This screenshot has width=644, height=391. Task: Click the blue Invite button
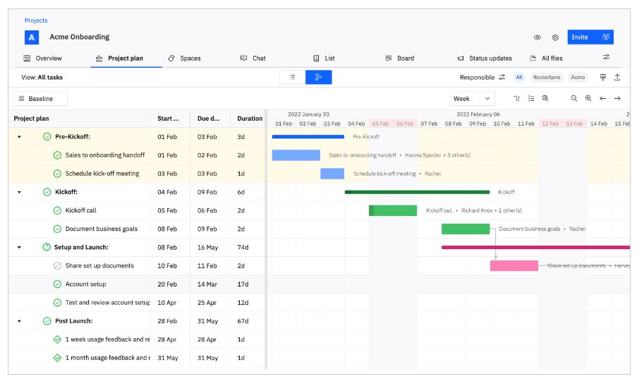[580, 37]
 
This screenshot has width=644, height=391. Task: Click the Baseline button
[41, 99]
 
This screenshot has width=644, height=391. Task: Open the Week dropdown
[472, 99]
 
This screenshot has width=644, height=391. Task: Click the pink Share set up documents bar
[514, 266]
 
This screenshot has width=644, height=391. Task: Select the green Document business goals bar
[465, 229]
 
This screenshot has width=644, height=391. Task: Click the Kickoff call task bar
[393, 210]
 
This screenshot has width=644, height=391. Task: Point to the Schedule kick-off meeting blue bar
[332, 174]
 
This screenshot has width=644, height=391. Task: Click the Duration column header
[250, 119]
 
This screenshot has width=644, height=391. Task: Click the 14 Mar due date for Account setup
[207, 284]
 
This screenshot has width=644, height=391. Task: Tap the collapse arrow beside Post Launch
[19, 321]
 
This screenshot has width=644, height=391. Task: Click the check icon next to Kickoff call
[57, 210]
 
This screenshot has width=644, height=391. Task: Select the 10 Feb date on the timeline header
[502, 124]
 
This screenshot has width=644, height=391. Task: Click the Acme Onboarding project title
[79, 37]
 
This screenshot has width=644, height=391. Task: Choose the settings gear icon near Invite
[555, 37]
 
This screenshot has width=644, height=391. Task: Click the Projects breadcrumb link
[36, 20]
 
